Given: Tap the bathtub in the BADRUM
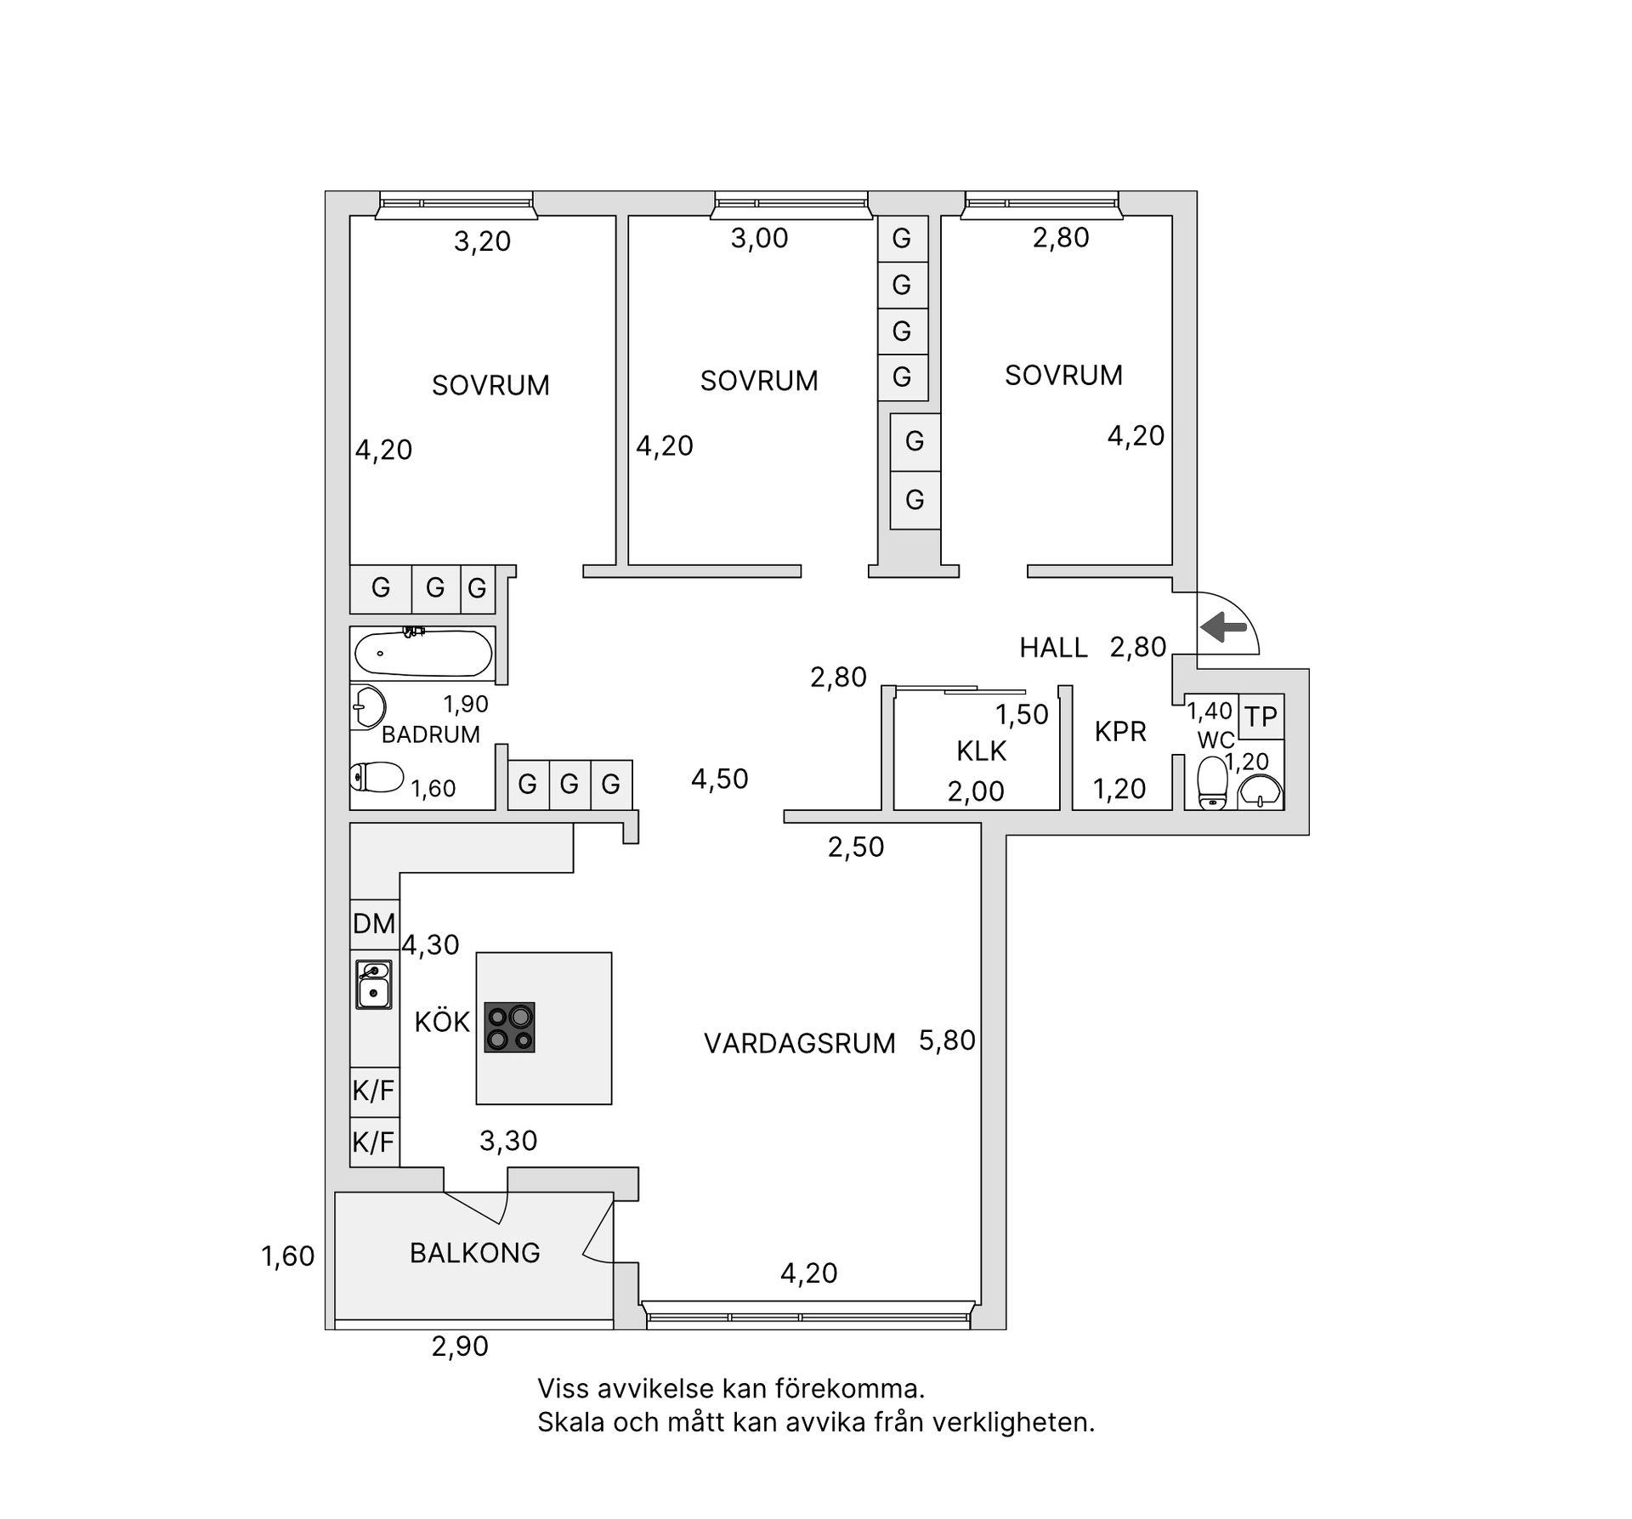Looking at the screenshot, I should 422,654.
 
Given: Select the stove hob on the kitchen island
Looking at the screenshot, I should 509,1027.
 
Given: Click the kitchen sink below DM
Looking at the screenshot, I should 373,984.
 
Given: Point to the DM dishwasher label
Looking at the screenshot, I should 374,923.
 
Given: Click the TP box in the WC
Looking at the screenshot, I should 1261,717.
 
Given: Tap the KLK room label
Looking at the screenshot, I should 981,751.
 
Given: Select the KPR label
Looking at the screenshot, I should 1120,731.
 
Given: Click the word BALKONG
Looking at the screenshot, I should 474,1252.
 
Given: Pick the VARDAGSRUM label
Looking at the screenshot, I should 799,1043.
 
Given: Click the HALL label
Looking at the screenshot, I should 1053,648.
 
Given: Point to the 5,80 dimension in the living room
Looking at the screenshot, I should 947,1040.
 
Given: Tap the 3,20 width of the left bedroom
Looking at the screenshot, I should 482,241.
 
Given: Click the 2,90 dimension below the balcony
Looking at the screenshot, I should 460,1346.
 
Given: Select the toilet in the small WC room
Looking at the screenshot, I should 1211,782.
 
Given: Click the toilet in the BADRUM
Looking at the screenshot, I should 377,776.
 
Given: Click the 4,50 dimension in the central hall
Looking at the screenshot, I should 719,779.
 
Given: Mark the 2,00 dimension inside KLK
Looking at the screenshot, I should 976,791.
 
